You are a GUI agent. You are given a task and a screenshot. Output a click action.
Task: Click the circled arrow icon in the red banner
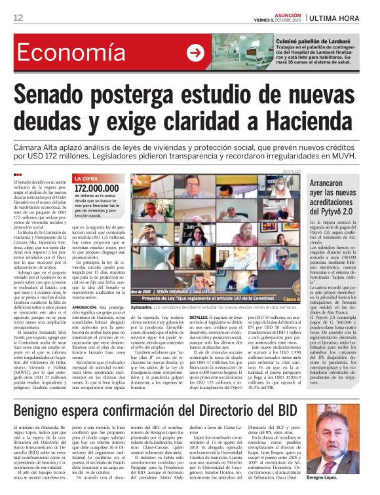click(x=195, y=54)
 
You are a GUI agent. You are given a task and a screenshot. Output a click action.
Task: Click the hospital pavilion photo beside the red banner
click(x=250, y=53)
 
